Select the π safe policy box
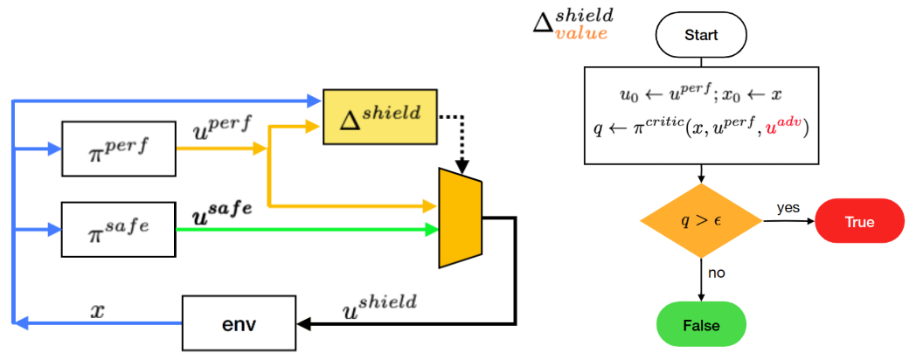pyautogui.click(x=118, y=229)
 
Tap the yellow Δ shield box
pyautogui.click(x=379, y=115)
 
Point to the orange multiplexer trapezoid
pyautogui.click(x=460, y=218)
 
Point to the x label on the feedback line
pyautogui.click(x=98, y=308)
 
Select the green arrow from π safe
pyautogui.click(x=306, y=230)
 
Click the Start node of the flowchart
pyautogui.click(x=701, y=36)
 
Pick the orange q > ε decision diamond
pyautogui.click(x=701, y=221)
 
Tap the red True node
pyautogui.click(x=859, y=221)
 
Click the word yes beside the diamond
pyautogui.click(x=788, y=208)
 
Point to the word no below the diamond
pyautogui.click(x=717, y=273)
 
